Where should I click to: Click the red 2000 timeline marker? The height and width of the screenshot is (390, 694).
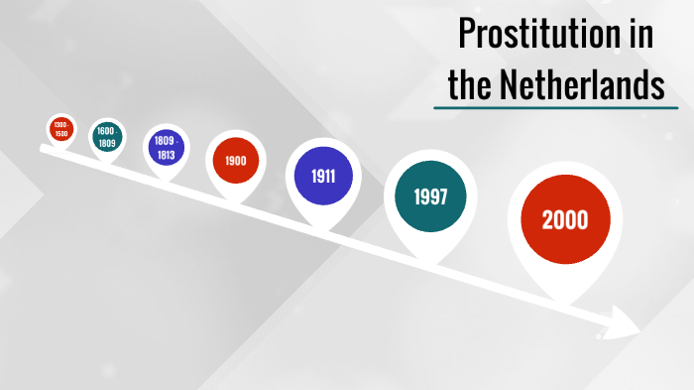tap(564, 220)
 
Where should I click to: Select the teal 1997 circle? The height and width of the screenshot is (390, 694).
tap(430, 196)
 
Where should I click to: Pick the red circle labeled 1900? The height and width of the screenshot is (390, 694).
tap(235, 161)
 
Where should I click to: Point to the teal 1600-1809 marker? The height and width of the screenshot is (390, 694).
tap(106, 137)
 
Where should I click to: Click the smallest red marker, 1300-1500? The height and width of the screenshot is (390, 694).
tap(61, 128)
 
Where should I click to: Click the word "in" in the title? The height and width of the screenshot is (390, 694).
tap(640, 36)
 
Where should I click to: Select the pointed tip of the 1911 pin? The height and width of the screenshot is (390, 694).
tap(322, 226)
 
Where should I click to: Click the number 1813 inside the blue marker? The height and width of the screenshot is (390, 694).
tap(166, 156)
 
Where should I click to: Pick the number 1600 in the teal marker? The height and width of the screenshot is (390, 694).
tap(106, 131)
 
